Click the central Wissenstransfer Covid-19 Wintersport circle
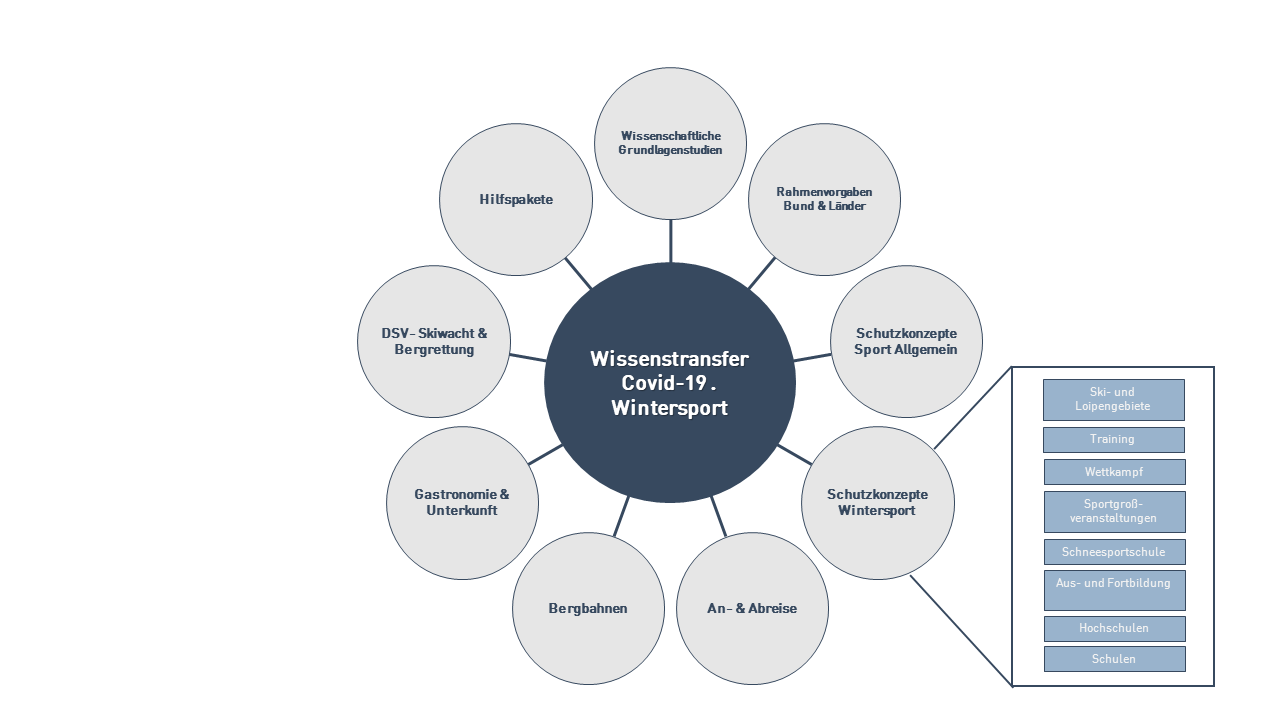click(670, 383)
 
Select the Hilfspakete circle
click(516, 200)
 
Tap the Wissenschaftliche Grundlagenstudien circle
click(671, 143)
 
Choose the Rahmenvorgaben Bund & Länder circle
click(824, 199)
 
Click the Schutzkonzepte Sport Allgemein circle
click(906, 341)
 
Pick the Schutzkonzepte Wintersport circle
click(878, 503)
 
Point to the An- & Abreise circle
click(753, 608)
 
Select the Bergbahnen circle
click(588, 608)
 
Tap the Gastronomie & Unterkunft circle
click(462, 503)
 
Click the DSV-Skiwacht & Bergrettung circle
click(434, 341)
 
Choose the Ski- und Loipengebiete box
click(1113, 400)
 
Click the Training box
click(1113, 440)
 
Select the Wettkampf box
click(1114, 472)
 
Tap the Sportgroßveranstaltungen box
click(1114, 512)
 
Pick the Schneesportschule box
click(1114, 552)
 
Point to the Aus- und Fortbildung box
click(1114, 590)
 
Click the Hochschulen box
click(1114, 629)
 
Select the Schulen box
click(1114, 659)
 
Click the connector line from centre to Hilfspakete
click(578, 273)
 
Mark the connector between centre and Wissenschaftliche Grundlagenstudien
click(671, 240)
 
